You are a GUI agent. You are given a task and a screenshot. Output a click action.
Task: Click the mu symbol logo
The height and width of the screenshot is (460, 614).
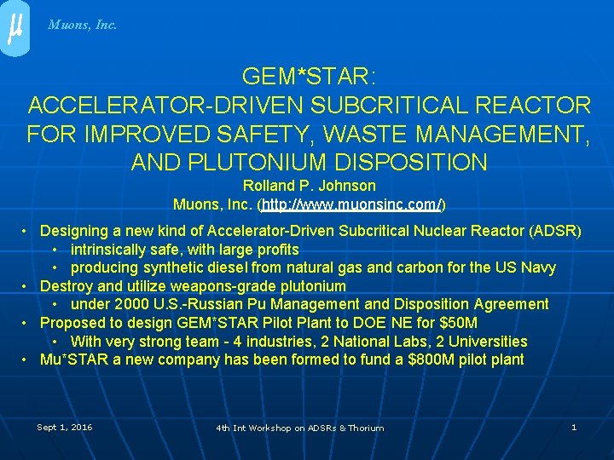[x=14, y=28]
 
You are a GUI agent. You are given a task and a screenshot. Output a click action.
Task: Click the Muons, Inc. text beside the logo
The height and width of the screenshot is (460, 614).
[x=83, y=25]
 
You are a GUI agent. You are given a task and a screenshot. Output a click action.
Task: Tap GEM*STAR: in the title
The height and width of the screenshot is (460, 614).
[x=308, y=78]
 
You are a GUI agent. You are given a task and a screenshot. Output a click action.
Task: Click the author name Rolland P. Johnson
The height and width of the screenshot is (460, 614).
[x=309, y=186]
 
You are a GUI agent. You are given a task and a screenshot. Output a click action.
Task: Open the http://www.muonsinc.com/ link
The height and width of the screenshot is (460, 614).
[x=352, y=204]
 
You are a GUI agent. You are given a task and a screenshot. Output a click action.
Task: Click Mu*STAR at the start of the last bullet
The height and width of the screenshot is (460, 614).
[x=71, y=359]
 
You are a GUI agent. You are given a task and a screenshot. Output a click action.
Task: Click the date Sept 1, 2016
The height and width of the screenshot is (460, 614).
[x=65, y=427]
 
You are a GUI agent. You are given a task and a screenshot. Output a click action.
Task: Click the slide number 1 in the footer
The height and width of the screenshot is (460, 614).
[x=574, y=427]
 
